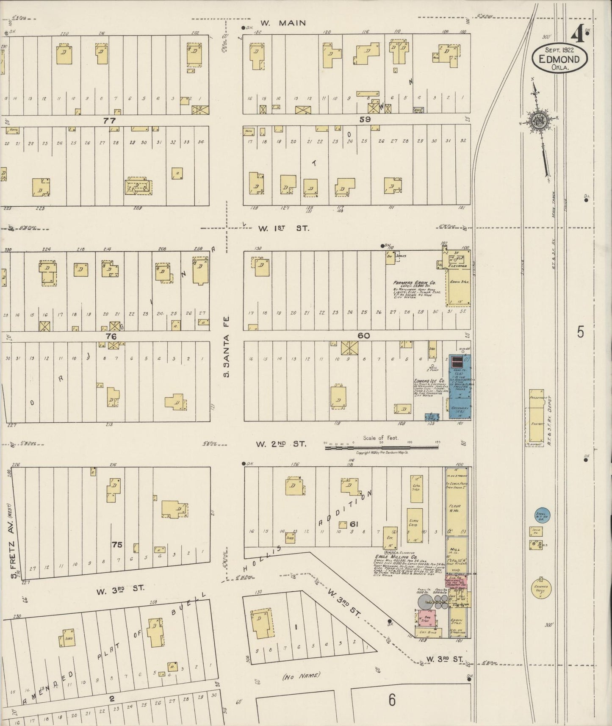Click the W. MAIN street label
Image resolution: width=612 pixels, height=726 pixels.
(x=283, y=23)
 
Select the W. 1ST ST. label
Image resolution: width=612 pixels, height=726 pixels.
(x=284, y=228)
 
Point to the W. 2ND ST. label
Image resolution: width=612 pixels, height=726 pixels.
(x=281, y=444)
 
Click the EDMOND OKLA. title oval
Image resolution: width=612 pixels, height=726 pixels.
(x=560, y=60)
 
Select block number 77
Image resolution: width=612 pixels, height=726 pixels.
(x=109, y=121)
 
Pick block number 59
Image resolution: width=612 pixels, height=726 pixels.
(x=365, y=119)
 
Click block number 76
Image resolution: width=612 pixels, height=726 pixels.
(x=111, y=336)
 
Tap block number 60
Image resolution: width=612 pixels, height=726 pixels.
(x=363, y=336)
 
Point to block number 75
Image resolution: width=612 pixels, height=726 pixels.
(x=117, y=544)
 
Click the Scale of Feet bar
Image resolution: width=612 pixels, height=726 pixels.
(x=381, y=446)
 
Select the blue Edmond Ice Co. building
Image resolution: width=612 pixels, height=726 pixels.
(x=460, y=388)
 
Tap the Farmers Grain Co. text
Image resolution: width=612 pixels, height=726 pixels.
(x=414, y=283)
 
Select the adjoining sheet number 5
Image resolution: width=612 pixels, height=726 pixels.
(x=580, y=333)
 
